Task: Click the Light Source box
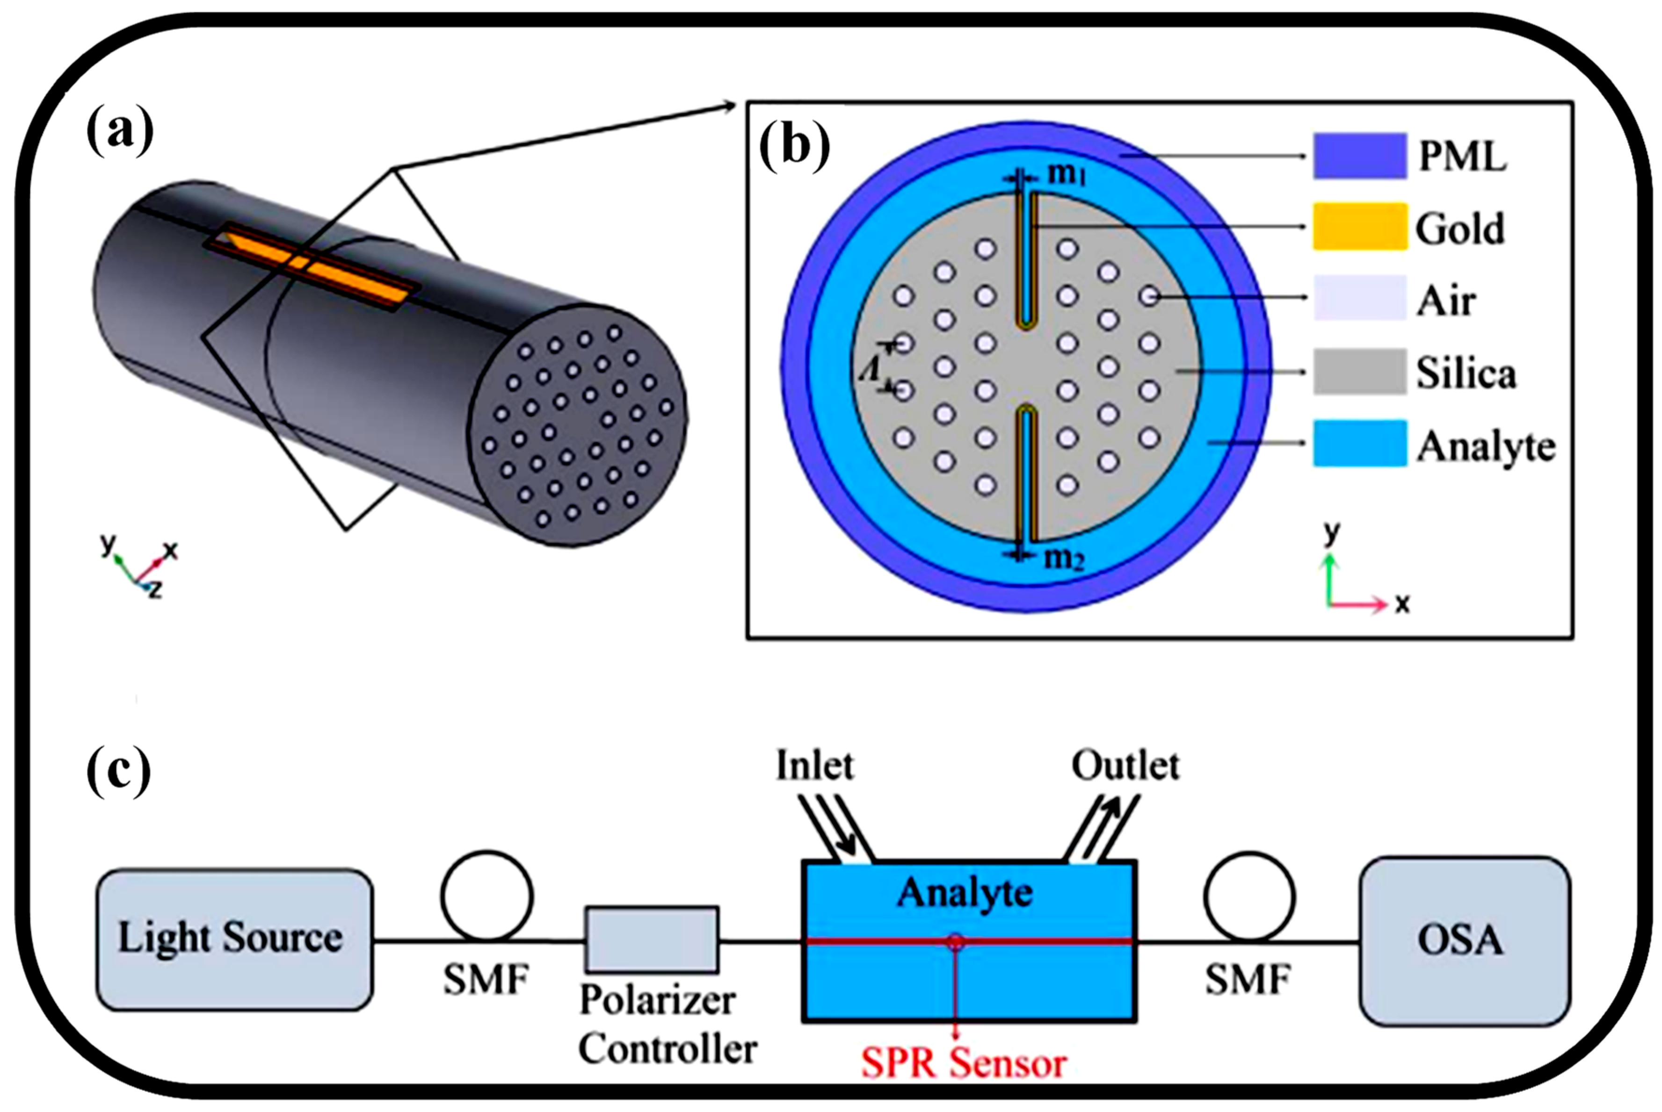coord(234,939)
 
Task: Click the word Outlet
coord(1125,766)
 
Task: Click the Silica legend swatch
coord(1359,372)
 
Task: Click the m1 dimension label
coord(1067,172)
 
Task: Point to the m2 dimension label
coord(1064,559)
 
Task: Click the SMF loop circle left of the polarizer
coord(487,897)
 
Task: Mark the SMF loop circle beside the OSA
coord(1249,897)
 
